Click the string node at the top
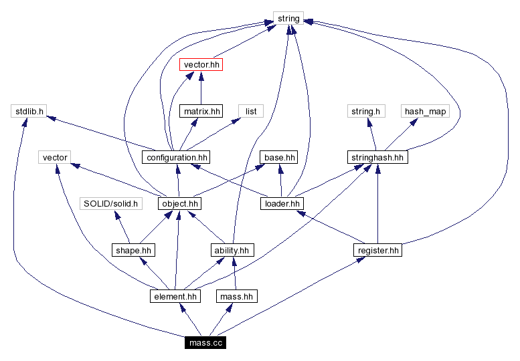click(x=288, y=19)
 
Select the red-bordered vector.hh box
click(x=201, y=65)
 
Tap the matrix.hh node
click(x=201, y=111)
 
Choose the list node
click(x=251, y=111)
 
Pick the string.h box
click(x=365, y=111)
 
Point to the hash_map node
click(x=424, y=111)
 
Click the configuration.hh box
click(x=176, y=157)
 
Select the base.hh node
click(x=279, y=157)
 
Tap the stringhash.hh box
click(x=378, y=157)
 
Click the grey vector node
click(x=55, y=157)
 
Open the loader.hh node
click(x=282, y=203)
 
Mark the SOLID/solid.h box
click(x=111, y=203)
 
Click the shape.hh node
click(x=133, y=250)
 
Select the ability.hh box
click(x=232, y=250)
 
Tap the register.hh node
click(x=377, y=250)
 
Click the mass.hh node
click(x=236, y=296)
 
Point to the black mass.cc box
click(x=205, y=342)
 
